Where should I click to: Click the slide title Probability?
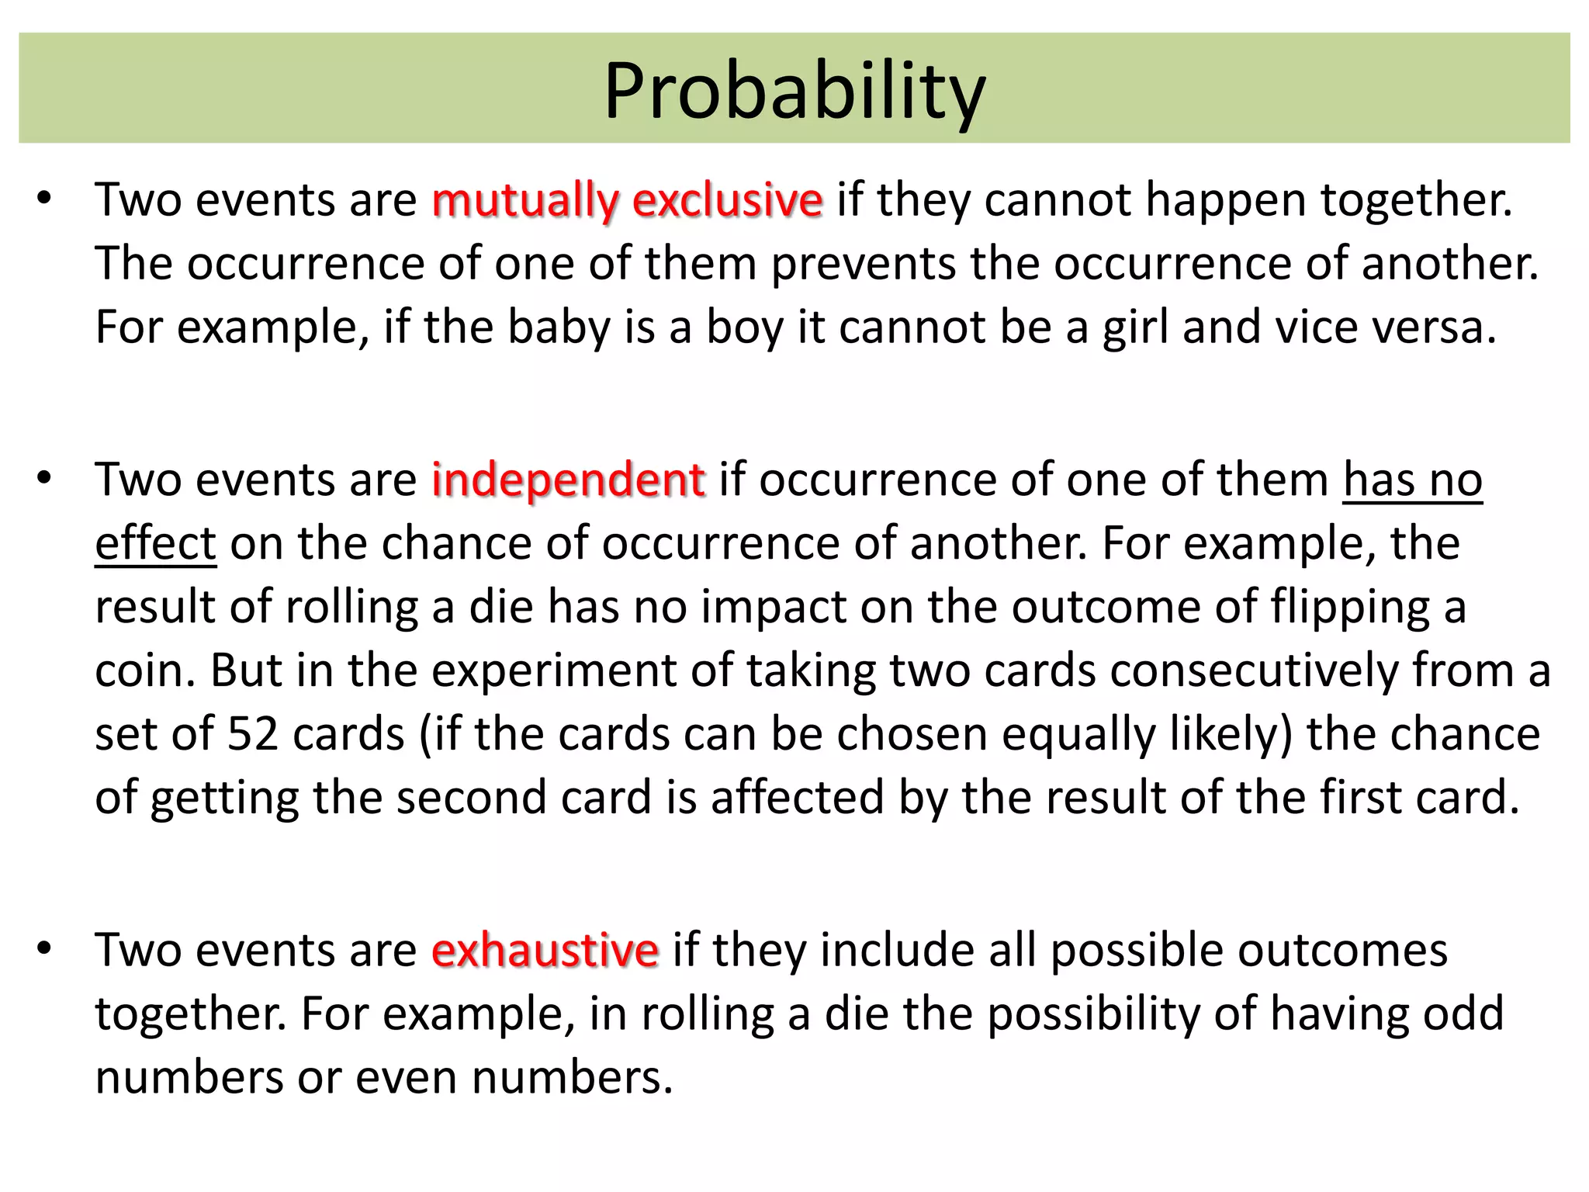794,92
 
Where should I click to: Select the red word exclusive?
727,200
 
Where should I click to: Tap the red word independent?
568,480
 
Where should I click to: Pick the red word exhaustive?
545,950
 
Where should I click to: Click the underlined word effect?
155,543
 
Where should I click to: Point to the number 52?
252,734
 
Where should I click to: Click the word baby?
559,327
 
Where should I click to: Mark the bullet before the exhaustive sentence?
43,948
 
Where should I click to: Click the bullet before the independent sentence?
43,478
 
